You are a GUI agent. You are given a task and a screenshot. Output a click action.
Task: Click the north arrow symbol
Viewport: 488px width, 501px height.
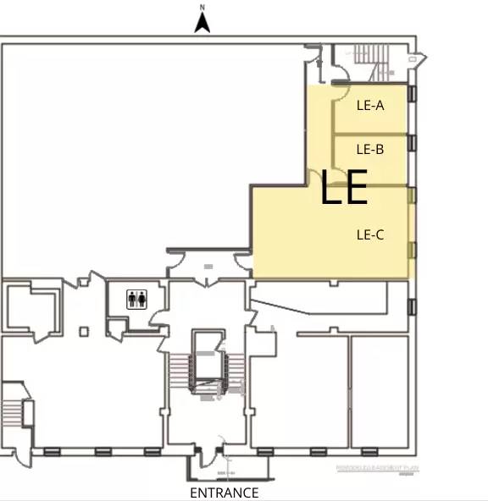pos(202,24)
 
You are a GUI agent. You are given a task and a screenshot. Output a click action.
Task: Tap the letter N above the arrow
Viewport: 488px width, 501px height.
pos(202,8)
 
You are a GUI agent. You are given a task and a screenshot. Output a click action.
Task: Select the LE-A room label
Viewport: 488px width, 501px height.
pos(370,106)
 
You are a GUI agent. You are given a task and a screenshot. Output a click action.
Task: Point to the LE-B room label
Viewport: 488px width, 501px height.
pos(370,149)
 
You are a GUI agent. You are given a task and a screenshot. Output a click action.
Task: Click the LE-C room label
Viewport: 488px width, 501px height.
pos(370,234)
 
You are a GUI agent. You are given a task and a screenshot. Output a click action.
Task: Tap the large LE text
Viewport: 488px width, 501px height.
pos(343,188)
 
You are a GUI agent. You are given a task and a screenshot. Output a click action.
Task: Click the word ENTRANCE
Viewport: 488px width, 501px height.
pos(224,493)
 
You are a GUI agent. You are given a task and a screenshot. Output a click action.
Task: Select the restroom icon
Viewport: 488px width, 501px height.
pos(137,299)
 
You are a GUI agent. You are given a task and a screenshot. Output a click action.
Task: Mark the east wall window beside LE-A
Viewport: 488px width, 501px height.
pos(413,94)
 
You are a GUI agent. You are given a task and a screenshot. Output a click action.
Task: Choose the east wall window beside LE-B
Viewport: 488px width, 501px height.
pos(413,142)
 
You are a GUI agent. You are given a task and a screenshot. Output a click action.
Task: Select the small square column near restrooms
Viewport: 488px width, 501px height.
pos(84,332)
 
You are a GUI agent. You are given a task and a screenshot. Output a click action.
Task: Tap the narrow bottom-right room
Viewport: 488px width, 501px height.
pos(380,391)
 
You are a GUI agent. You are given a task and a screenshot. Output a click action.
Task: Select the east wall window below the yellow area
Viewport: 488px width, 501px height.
pos(413,306)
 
